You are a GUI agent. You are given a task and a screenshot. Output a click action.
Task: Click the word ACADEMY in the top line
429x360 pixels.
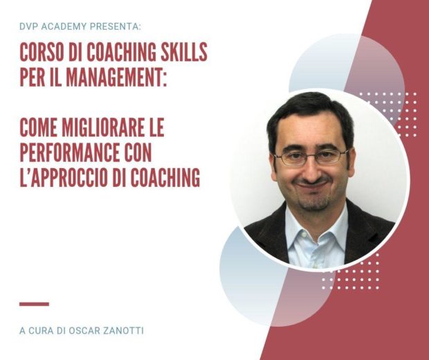click(64, 26)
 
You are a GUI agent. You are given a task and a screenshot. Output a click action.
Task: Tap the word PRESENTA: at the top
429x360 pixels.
click(116, 26)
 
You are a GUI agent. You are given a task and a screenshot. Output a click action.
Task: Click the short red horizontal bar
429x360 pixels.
click(34, 304)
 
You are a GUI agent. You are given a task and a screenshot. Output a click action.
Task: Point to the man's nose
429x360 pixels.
click(311, 170)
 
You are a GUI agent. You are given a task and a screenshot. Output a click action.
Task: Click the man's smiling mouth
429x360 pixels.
click(313, 185)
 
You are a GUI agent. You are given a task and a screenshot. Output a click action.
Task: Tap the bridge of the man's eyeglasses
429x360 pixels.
click(311, 155)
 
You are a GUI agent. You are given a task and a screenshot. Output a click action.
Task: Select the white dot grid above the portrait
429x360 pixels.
click(388, 114)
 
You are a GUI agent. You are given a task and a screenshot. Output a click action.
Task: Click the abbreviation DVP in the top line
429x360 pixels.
click(29, 26)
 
